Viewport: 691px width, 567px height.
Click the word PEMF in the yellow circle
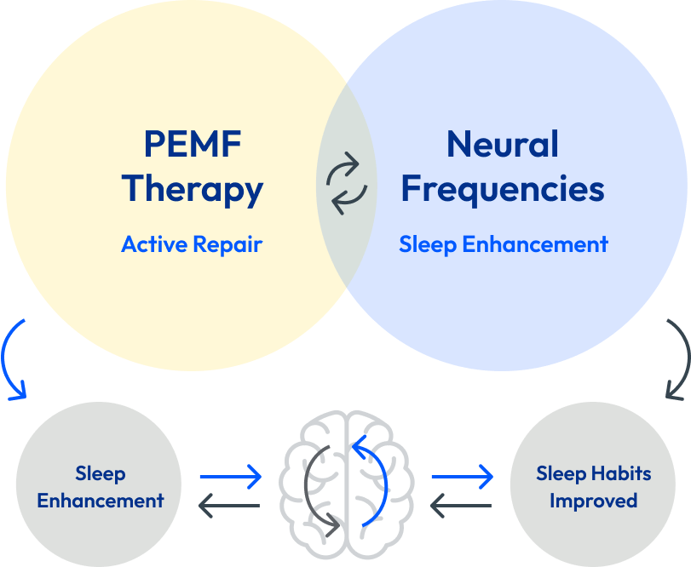[193, 144]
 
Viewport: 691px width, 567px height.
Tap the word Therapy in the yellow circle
[193, 189]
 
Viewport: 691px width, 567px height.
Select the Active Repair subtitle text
[192, 244]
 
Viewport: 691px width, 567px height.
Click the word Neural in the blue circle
[503, 144]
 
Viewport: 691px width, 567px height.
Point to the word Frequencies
[503, 188]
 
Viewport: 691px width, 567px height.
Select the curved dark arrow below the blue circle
[678, 358]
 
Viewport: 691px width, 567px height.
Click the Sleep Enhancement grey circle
[100, 486]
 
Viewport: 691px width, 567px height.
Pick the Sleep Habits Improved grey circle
[593, 486]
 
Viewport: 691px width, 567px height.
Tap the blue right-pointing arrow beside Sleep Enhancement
[231, 477]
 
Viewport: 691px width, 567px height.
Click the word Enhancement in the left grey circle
[101, 500]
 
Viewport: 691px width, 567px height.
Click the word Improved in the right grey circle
[593, 500]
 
